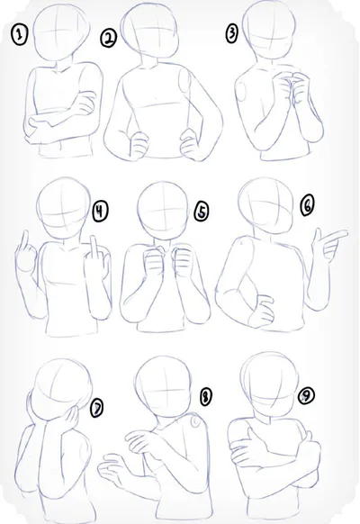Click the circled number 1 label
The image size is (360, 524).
pos(20,35)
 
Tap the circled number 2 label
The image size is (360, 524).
pos(109,38)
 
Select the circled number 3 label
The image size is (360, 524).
pos(232,33)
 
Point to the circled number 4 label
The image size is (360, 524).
pos(100,212)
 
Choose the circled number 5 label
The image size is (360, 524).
pos(202,212)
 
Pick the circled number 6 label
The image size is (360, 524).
pos(307,205)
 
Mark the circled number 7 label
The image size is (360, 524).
pos(97,409)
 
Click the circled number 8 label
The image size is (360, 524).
pos(205,397)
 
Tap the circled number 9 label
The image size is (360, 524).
pos(306,396)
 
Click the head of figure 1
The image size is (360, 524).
pos(62,33)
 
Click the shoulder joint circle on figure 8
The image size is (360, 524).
pos(195,422)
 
